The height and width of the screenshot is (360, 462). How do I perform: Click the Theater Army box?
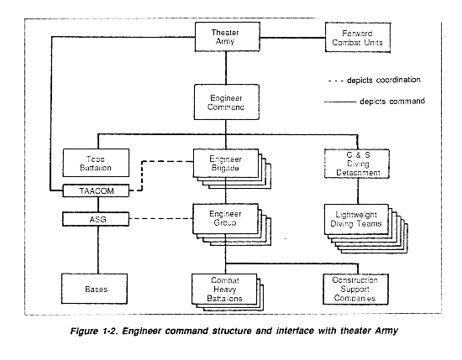[227, 37]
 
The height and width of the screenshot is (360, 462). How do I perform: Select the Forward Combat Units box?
[358, 38]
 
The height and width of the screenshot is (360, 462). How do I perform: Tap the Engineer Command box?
[226, 102]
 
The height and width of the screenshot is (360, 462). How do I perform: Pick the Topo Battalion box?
[96, 163]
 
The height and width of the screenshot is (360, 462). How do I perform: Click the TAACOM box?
[96, 190]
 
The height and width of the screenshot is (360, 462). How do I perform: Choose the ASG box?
[96, 219]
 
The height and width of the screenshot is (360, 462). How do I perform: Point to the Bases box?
[95, 289]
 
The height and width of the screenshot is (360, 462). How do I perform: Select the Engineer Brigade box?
[226, 164]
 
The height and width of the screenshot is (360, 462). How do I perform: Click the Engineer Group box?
[225, 219]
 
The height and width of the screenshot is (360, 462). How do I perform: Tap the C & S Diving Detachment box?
[357, 164]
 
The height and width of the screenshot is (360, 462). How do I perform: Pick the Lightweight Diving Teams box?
[356, 219]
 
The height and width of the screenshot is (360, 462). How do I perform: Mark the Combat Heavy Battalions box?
[224, 289]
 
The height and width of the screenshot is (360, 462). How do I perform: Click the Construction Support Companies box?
[355, 289]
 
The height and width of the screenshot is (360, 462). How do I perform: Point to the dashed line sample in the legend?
[336, 81]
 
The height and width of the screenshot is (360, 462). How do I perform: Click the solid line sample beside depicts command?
[340, 102]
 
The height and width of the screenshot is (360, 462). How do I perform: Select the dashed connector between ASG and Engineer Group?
[161, 218]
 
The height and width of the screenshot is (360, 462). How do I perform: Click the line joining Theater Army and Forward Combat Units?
[292, 38]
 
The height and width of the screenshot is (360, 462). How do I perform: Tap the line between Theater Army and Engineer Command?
[226, 68]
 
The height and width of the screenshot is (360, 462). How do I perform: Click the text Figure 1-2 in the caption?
[94, 331]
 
